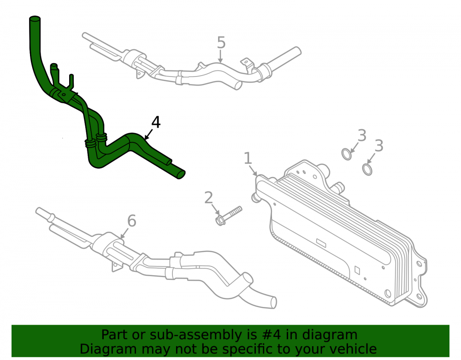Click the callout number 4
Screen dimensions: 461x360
156,122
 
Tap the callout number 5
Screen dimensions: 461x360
221,42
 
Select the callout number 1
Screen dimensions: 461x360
248,158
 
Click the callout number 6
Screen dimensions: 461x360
131,221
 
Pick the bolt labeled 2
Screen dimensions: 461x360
229,216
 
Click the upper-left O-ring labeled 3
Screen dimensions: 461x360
347,154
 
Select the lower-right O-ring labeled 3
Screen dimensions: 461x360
367,170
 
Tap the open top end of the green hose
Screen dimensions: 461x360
35,19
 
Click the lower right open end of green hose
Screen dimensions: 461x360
182,175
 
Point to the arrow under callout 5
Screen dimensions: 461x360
220,56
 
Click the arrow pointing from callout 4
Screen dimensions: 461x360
149,134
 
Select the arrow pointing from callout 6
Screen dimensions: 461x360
124,233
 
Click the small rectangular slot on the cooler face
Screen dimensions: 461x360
321,242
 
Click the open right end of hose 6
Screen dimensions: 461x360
273,302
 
